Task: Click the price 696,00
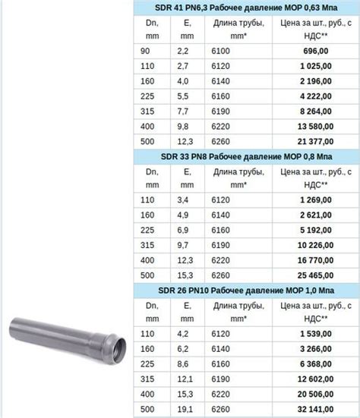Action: (316, 51)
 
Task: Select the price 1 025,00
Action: (316, 66)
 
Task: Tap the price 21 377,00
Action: (316, 142)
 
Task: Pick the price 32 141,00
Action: (316, 409)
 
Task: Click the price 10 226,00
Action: (316, 245)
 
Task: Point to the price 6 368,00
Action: (316, 364)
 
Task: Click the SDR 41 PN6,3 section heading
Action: (246, 8)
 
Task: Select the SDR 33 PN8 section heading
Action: (246, 156)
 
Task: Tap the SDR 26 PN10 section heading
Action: (246, 291)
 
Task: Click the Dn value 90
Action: (145, 51)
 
